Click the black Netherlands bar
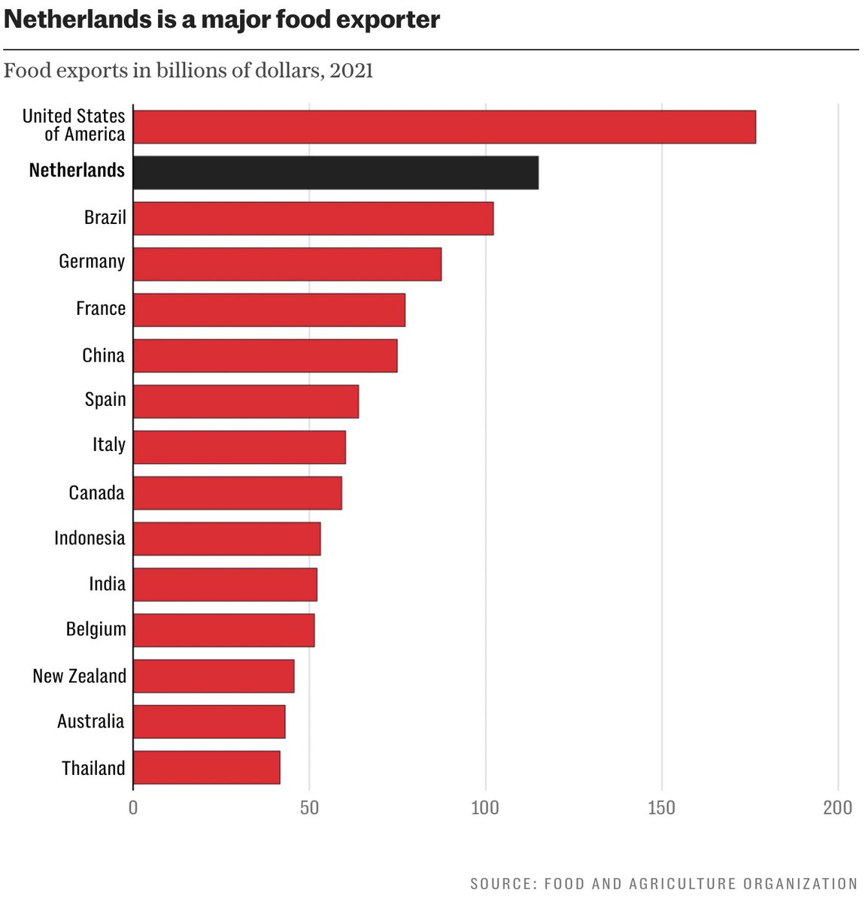click(x=335, y=172)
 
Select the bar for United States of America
click(x=444, y=126)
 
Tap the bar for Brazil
click(x=313, y=218)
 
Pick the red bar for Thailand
click(x=206, y=767)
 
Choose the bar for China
click(x=265, y=356)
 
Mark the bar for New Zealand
click(x=214, y=676)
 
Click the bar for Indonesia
click(x=226, y=538)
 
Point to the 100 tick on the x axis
click(x=485, y=808)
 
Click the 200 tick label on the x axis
click(x=837, y=808)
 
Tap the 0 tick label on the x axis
click(x=133, y=808)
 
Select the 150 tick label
click(x=662, y=808)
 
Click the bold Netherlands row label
click(x=77, y=171)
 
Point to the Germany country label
click(x=92, y=262)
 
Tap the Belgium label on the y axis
click(x=96, y=629)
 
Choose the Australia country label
click(x=90, y=722)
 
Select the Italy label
click(x=109, y=445)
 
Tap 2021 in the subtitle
click(x=351, y=71)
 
